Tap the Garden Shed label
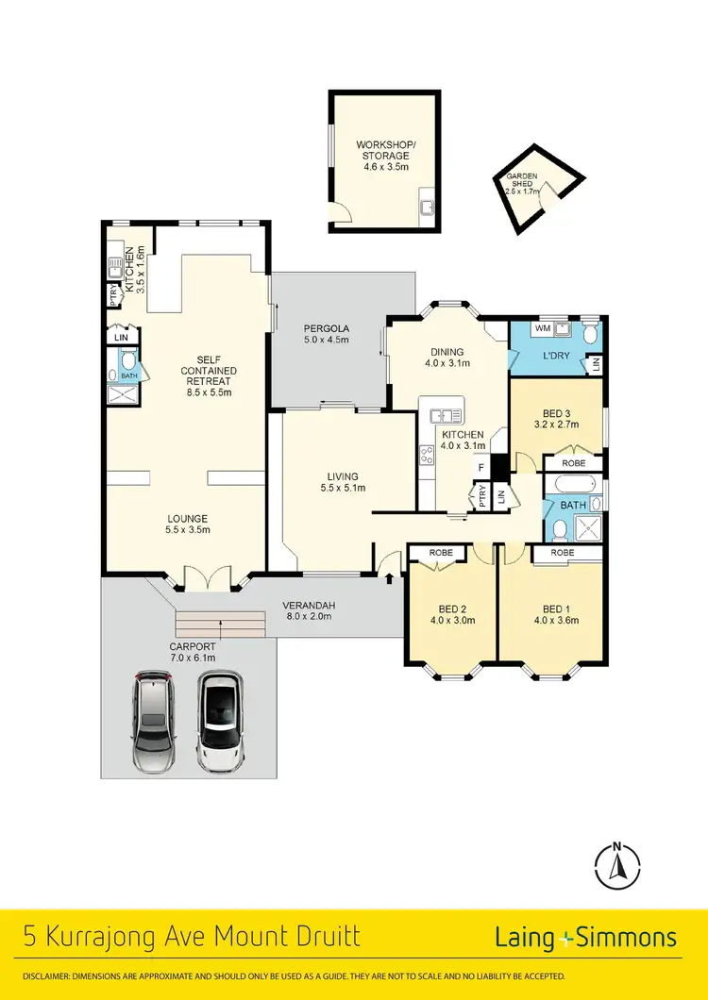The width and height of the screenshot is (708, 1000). pos(522,183)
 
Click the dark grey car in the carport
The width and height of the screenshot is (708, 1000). pos(155,722)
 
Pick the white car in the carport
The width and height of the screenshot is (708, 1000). pos(219,722)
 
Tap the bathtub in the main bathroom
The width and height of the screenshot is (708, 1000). pos(574,487)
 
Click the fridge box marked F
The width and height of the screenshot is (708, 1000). pos(481,467)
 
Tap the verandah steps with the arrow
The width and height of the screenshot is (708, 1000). pos(220,624)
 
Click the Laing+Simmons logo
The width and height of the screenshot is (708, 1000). pos(585,938)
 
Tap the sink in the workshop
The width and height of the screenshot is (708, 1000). pos(427,207)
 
